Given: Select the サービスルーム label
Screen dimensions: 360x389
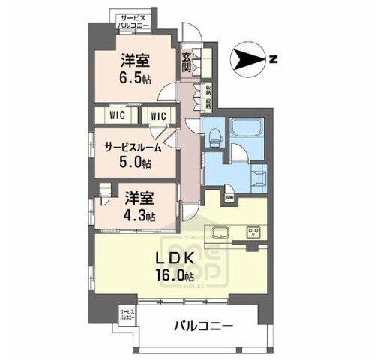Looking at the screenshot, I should [x=133, y=148].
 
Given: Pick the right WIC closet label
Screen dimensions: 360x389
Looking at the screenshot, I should [x=157, y=115].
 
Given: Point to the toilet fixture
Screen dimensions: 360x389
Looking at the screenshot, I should [x=214, y=136].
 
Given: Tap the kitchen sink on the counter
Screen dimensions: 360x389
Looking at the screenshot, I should [x=222, y=231].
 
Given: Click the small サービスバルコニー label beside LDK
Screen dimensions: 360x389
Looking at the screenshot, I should [x=126, y=313].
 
